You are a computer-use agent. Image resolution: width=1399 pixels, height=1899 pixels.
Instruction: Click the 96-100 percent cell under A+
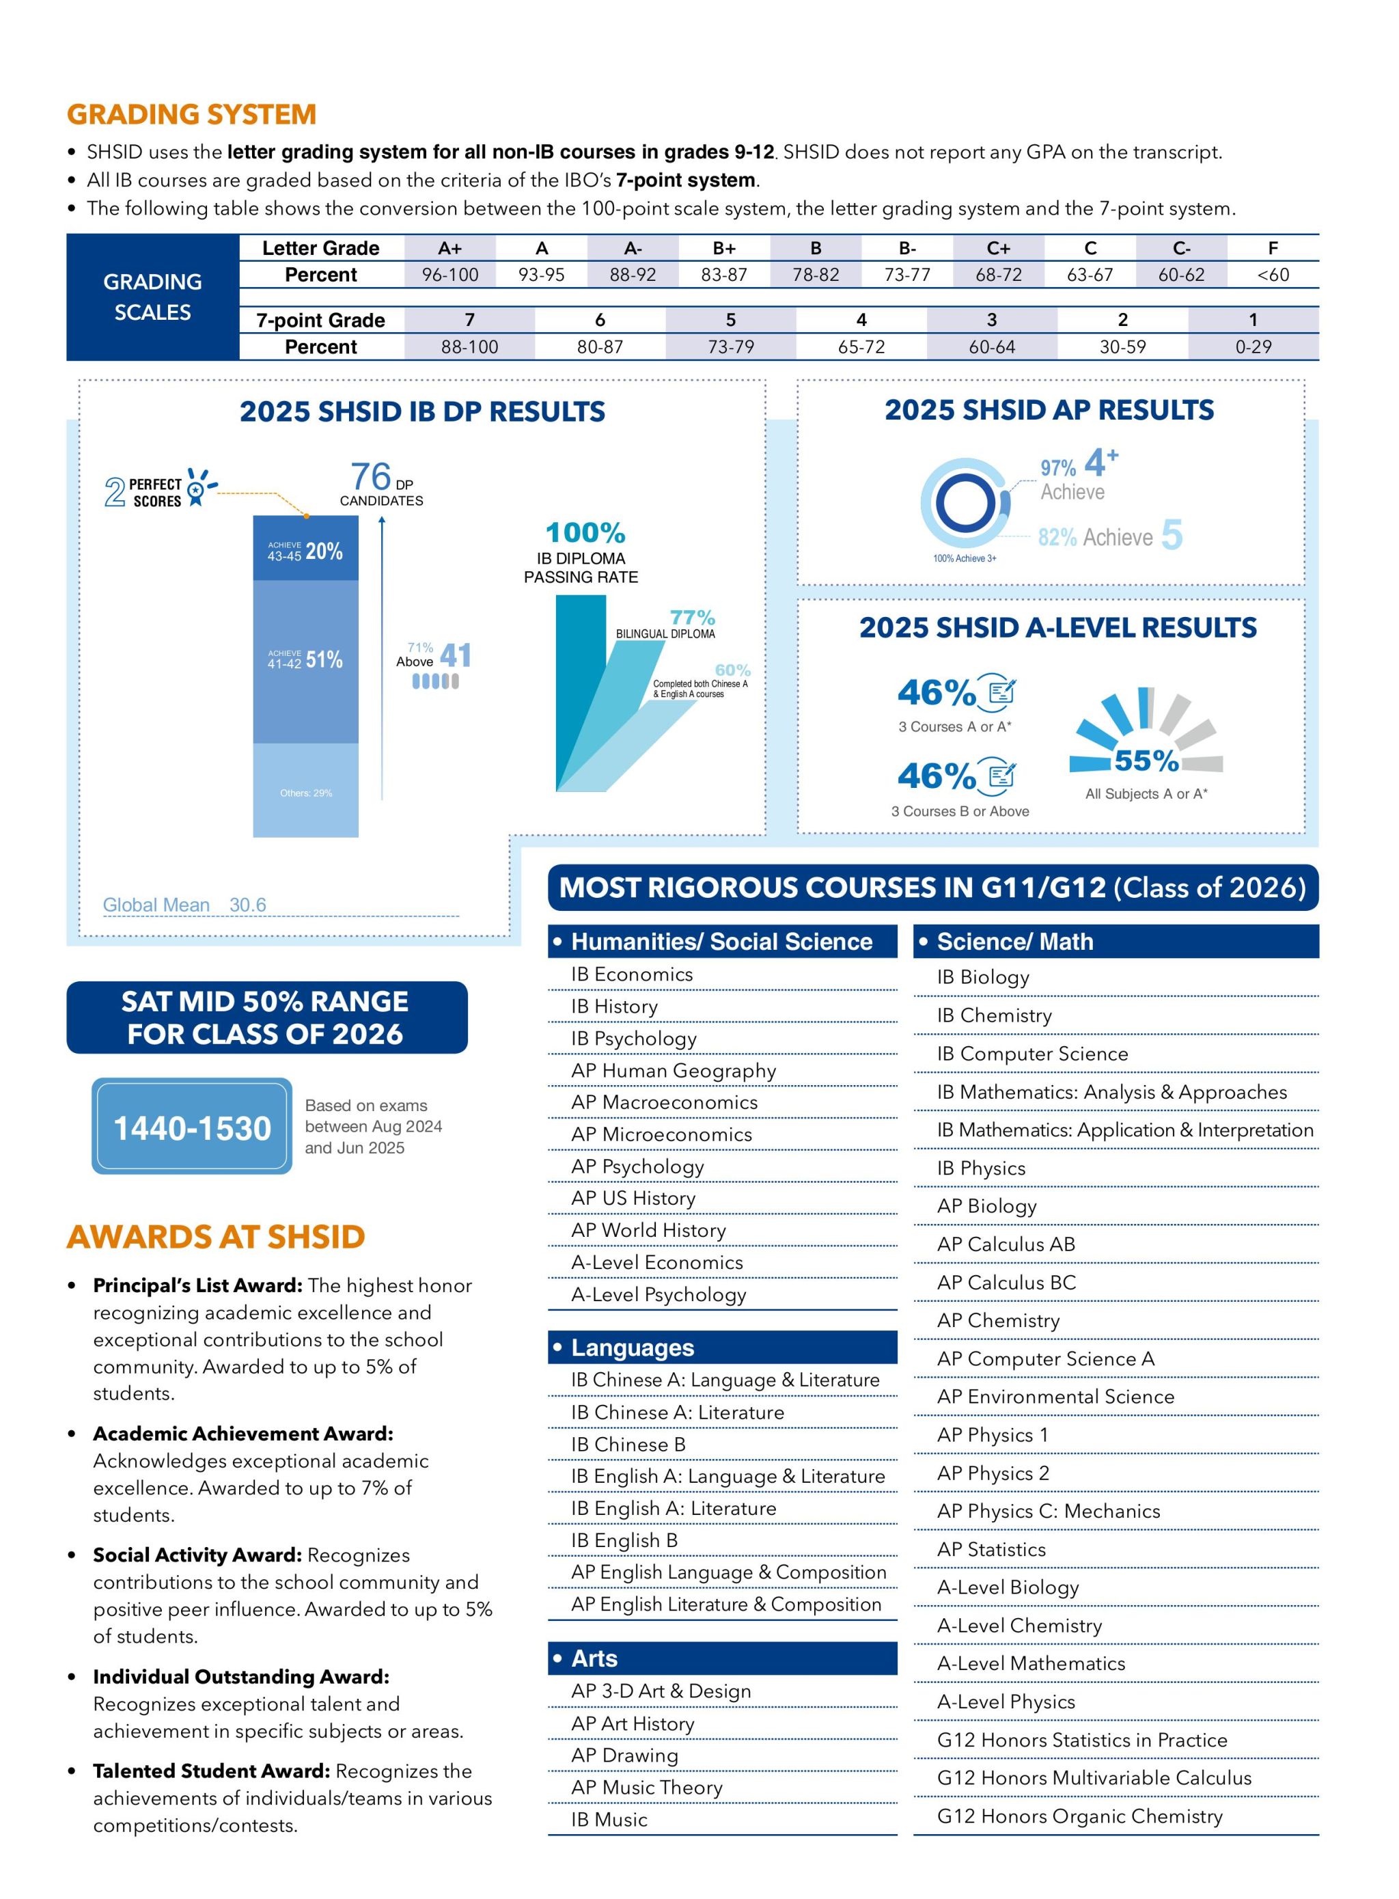449,275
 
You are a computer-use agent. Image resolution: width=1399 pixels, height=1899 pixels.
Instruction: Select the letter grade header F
1272,248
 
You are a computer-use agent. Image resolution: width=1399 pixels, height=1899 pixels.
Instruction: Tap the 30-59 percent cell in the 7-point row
1122,346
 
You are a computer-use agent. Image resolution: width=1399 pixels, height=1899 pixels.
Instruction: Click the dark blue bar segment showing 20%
306,548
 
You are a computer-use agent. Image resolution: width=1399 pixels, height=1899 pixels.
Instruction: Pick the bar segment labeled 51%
306,661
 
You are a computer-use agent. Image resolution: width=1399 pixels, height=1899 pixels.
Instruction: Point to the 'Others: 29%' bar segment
306,790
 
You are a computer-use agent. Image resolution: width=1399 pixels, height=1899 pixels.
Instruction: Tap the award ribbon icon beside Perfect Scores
200,487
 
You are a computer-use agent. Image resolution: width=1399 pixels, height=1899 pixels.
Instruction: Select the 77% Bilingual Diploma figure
692,618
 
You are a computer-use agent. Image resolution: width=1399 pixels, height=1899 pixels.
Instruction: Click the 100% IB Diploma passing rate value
585,533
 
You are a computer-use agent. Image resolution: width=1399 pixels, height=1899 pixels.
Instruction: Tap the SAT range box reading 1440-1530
191,1125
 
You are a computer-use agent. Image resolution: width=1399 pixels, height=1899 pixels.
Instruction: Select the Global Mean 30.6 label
184,905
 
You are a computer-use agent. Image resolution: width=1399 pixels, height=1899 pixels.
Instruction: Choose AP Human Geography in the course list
674,1071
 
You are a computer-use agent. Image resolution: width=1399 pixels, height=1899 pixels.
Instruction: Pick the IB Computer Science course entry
1032,1054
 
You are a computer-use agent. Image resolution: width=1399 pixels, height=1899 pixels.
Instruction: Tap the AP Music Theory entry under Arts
647,1787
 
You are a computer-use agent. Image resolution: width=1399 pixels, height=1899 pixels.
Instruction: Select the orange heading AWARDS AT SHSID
216,1237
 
